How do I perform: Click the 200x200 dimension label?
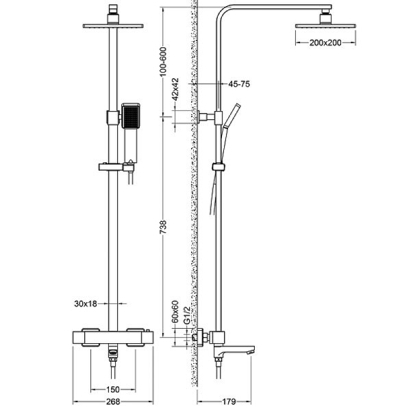325,42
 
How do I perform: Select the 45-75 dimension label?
240,84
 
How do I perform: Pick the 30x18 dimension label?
87,301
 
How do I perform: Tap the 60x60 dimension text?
175,312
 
